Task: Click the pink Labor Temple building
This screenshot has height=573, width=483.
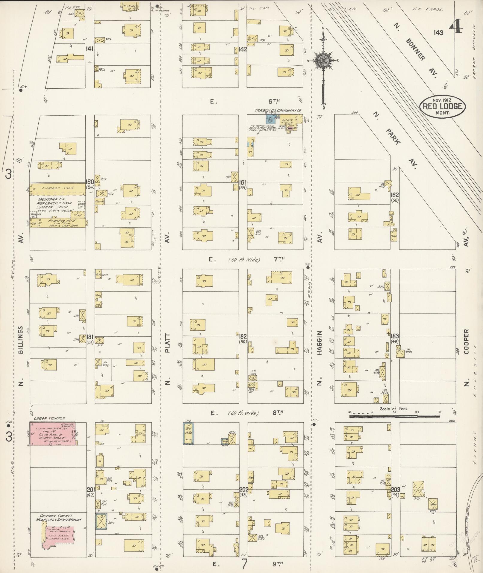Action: tap(53, 434)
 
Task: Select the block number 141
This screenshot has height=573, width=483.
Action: tap(89, 49)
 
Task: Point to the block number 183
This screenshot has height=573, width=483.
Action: tap(395, 336)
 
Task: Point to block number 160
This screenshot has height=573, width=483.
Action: tap(90, 182)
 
